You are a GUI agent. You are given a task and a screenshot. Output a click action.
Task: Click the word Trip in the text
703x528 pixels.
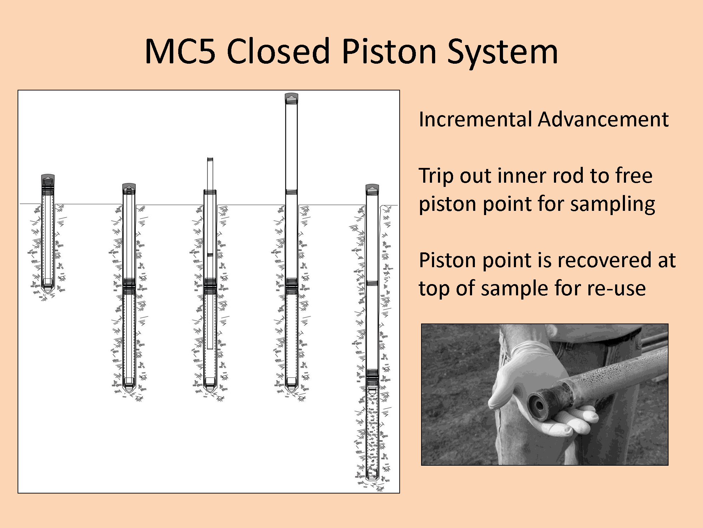pos(436,176)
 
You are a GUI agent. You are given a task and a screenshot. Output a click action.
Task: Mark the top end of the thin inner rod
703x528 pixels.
pos(210,158)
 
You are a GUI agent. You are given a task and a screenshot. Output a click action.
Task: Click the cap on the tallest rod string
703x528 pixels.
pos(291,98)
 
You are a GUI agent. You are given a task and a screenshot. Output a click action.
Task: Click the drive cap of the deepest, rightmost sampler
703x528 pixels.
pos(372,189)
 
